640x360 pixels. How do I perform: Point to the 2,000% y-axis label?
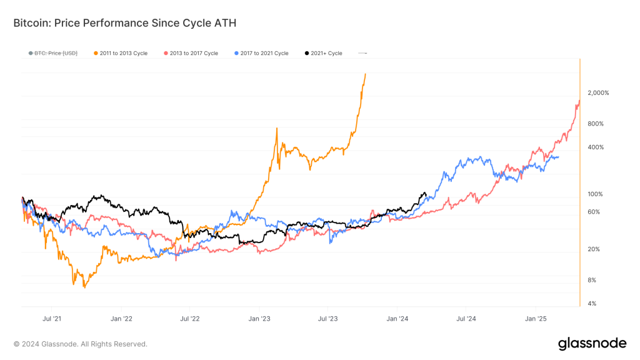pos(598,93)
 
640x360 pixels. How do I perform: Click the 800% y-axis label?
pos(596,124)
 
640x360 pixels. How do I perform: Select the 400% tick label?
pos(596,147)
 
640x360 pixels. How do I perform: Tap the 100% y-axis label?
pos(596,194)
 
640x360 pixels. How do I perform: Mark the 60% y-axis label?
pos(594,212)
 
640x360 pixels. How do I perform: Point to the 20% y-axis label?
pos(594,249)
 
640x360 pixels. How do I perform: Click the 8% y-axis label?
pos(592,280)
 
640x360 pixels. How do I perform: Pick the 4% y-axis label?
pos(592,304)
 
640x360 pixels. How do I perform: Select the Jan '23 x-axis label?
pos(259,318)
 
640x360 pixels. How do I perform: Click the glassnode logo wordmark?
pos(591,343)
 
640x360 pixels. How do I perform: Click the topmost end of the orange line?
pos(366,74)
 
